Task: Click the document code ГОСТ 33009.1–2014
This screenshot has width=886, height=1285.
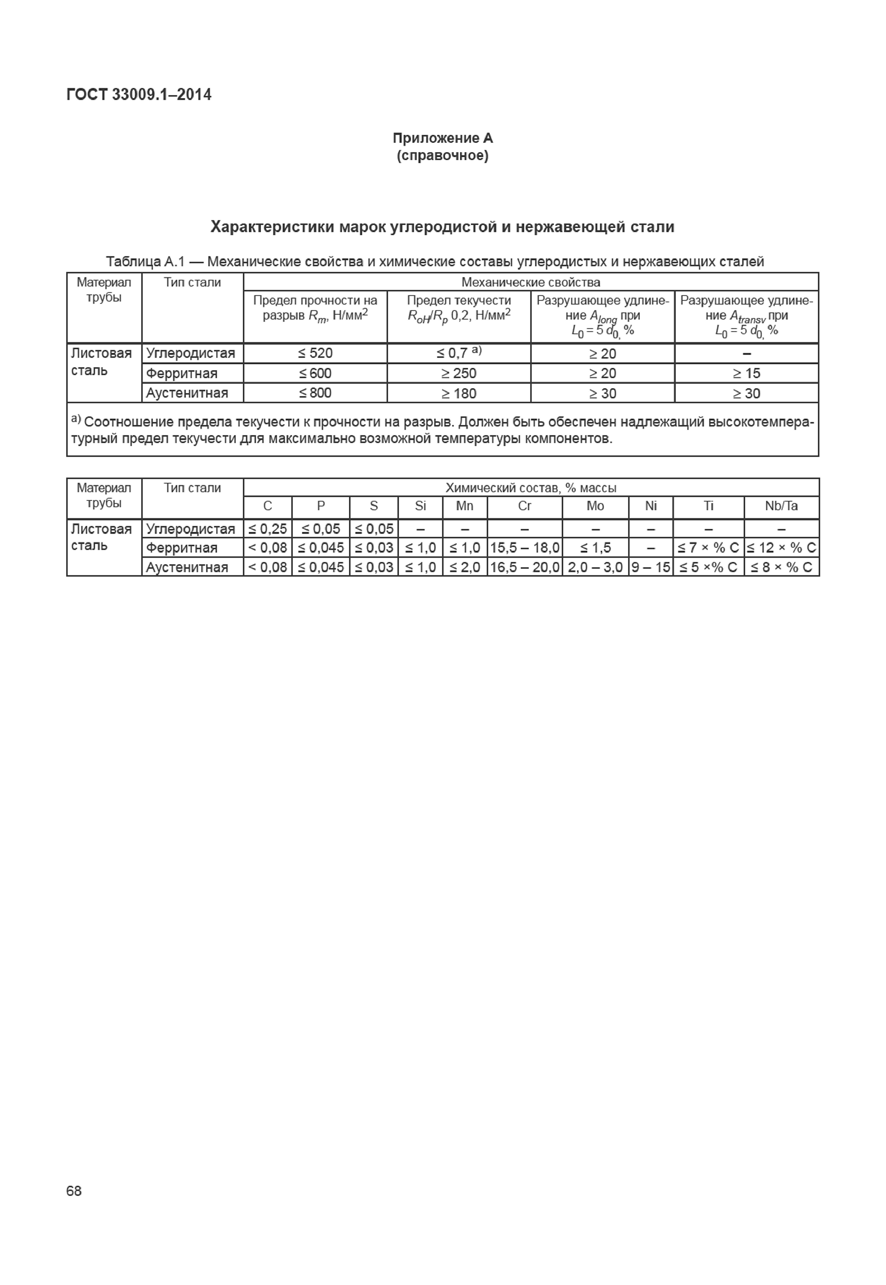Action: tap(139, 95)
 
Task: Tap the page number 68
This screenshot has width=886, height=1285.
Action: tap(74, 1190)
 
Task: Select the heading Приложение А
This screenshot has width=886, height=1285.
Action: tap(443, 138)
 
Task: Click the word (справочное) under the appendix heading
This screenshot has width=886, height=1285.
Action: tap(443, 155)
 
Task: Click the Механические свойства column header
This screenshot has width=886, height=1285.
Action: tap(531, 282)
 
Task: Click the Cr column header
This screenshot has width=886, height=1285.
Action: tap(525, 506)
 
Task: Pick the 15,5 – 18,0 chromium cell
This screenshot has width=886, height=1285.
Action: tap(525, 548)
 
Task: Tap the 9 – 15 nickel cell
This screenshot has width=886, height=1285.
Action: tap(651, 567)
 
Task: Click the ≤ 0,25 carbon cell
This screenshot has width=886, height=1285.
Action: tap(267, 529)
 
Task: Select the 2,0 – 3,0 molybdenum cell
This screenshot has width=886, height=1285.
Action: tap(595, 567)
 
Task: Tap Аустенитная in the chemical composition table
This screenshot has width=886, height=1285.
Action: tap(187, 567)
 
